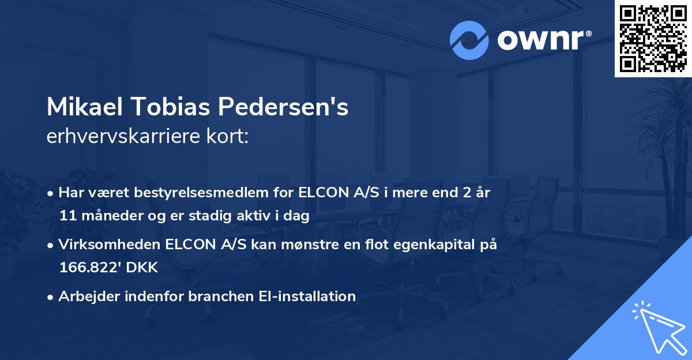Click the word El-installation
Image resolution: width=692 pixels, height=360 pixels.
308,297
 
